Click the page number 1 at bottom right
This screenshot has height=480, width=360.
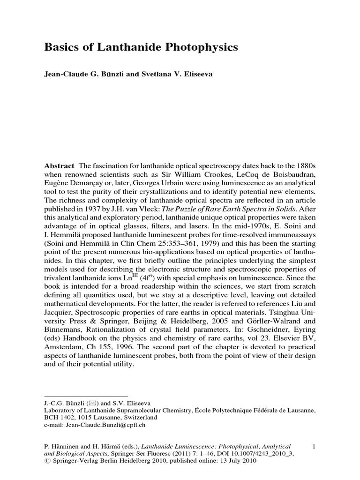[x=314, y=447]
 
